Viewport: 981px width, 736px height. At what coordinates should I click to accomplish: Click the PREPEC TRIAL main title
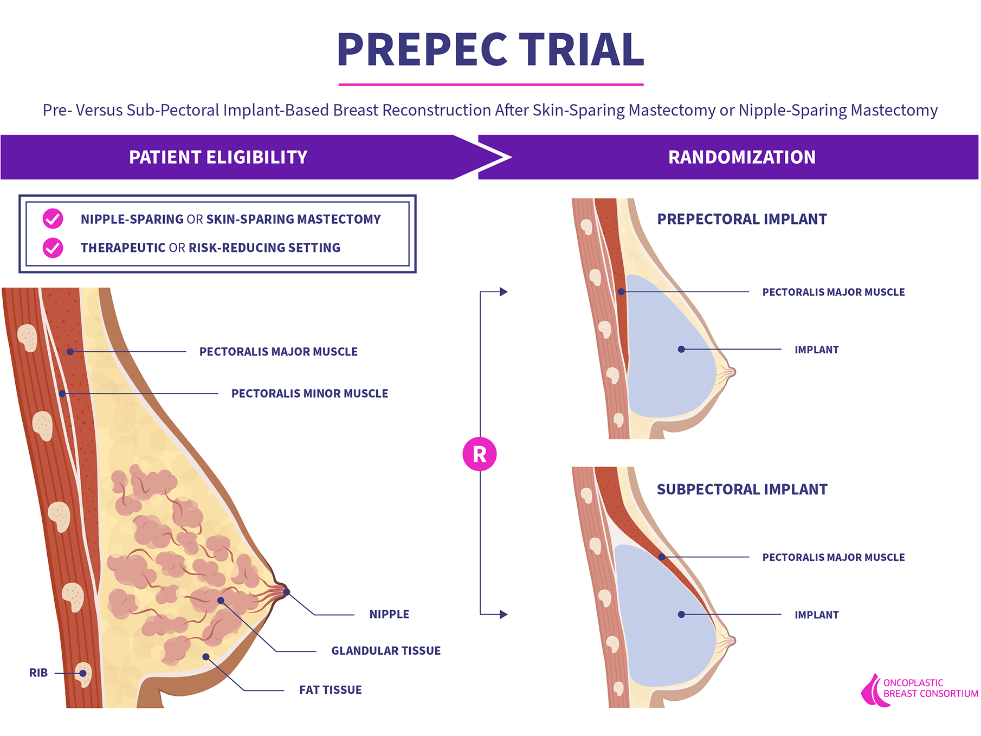click(490, 50)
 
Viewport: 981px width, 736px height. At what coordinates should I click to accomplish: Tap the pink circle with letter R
click(480, 454)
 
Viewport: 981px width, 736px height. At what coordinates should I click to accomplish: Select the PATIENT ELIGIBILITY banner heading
click(218, 157)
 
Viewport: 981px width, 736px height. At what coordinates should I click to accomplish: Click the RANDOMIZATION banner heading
click(741, 157)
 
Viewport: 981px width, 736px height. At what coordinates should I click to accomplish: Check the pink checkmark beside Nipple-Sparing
click(53, 219)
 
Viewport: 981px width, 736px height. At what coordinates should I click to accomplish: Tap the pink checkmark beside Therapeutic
click(53, 248)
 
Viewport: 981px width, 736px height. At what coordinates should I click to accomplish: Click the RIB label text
click(38, 673)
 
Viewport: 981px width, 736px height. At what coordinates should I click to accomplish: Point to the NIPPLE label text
click(389, 615)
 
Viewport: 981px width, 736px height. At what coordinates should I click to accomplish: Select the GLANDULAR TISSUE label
click(386, 651)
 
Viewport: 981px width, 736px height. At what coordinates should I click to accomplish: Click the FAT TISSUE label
click(331, 690)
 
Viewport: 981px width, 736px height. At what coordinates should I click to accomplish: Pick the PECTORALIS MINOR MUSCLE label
click(309, 393)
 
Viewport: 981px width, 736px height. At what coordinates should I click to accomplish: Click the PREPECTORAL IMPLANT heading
click(742, 219)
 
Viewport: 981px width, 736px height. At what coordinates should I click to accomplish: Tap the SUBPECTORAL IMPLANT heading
click(742, 490)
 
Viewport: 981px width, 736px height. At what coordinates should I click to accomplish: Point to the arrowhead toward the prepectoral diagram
click(504, 292)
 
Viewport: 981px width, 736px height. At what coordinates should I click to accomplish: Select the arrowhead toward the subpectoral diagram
click(504, 615)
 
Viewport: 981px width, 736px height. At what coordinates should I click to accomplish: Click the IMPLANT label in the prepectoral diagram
click(816, 350)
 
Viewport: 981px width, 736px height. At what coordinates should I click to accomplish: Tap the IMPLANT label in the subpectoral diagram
click(816, 615)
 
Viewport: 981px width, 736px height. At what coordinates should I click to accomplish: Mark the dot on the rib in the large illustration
click(83, 674)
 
